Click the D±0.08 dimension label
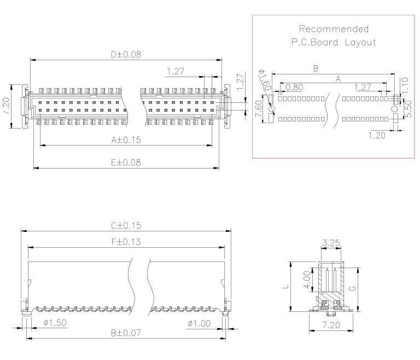tap(126, 54)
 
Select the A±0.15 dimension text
tap(126, 140)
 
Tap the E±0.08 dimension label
tap(126, 162)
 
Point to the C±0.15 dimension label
tap(126, 225)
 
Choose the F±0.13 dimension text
tap(126, 242)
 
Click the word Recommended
tap(334, 29)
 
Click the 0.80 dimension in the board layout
tap(294, 87)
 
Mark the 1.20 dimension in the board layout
tap(377, 135)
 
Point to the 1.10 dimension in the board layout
tap(405, 84)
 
